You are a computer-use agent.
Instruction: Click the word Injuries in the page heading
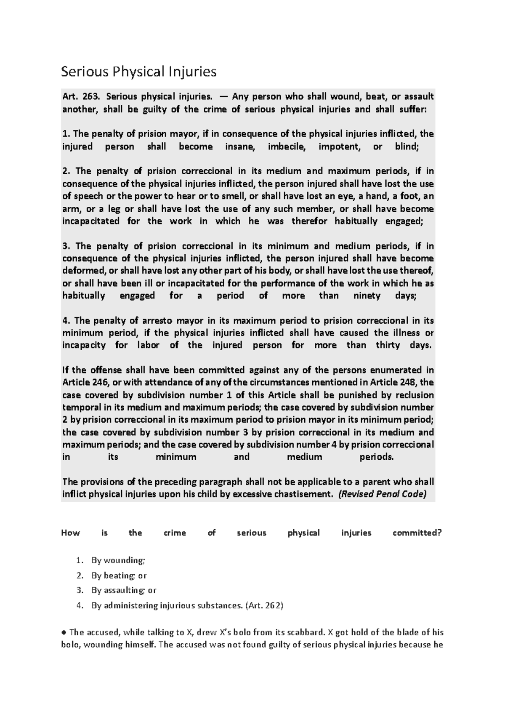coord(192,72)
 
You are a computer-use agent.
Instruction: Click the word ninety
coord(367,296)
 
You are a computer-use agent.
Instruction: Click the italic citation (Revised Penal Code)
coord(382,494)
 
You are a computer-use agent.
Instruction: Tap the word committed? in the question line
coord(417,533)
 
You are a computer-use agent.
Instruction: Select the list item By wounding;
coord(118,560)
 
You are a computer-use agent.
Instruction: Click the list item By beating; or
coord(119,575)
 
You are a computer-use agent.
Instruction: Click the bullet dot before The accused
coord(64,632)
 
